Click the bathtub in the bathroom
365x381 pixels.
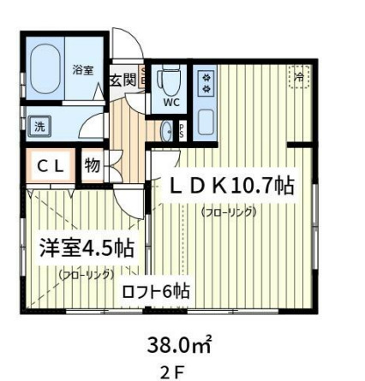click(x=43, y=72)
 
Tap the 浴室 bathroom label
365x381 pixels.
click(x=83, y=71)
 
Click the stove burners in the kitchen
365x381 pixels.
click(x=206, y=83)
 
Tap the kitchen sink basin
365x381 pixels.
click(x=206, y=123)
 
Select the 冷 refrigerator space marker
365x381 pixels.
click(x=298, y=78)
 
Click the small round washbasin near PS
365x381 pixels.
click(x=168, y=131)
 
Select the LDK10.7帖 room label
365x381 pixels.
click(x=232, y=185)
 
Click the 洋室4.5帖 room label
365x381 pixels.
click(x=87, y=248)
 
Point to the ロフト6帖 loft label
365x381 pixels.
click(x=154, y=292)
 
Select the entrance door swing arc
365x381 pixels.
click(x=129, y=49)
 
